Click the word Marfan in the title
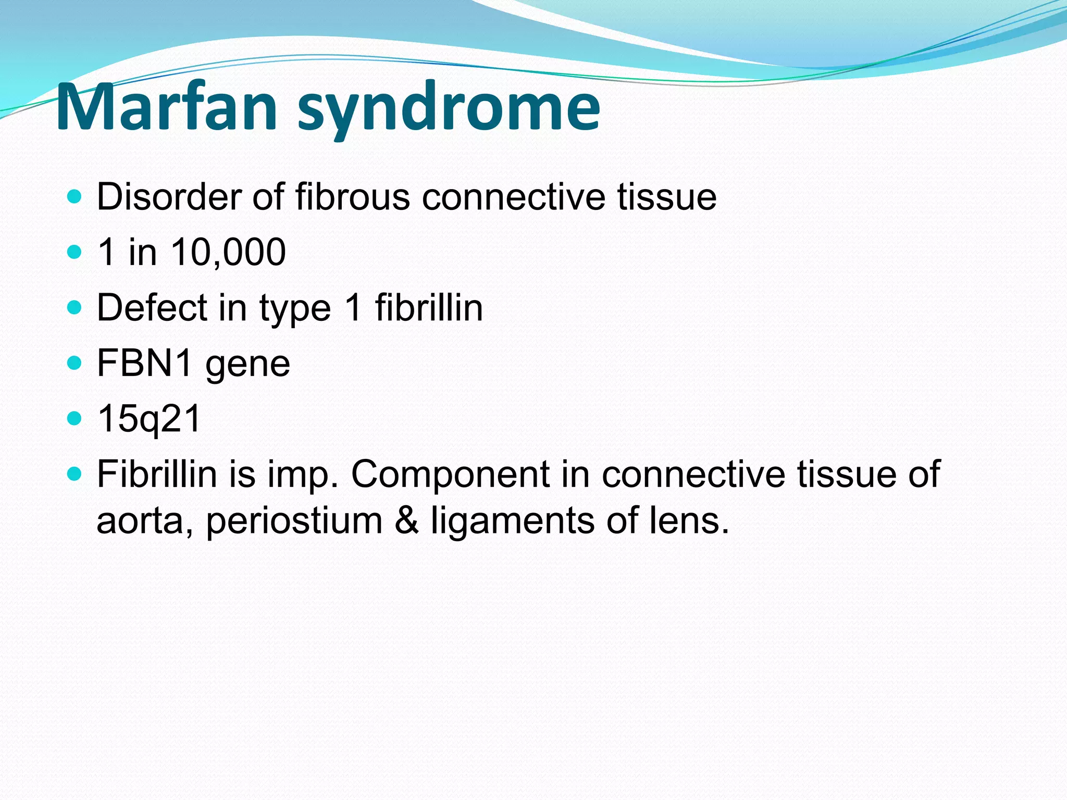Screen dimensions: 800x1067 (x=167, y=108)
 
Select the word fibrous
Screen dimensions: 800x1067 (x=353, y=197)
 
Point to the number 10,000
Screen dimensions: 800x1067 (x=228, y=253)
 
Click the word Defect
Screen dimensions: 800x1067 (x=152, y=308)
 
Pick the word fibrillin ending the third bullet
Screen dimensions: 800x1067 (x=429, y=308)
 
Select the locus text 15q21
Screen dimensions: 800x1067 (x=149, y=419)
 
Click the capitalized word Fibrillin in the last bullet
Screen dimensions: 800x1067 (x=157, y=474)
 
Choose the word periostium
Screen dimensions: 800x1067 (x=294, y=521)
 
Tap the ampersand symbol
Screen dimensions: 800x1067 (x=406, y=521)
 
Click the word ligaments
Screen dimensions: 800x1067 (x=512, y=521)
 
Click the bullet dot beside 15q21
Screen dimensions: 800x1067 (x=75, y=418)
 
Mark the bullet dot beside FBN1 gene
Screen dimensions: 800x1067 (x=75, y=362)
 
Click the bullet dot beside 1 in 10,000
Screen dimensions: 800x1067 (x=75, y=252)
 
